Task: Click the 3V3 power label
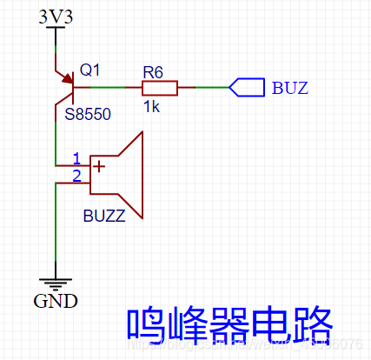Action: [x=55, y=17]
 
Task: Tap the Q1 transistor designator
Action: [x=90, y=69]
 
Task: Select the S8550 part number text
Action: [x=87, y=114]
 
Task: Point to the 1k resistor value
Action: [x=152, y=105]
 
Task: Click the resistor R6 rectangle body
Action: [x=160, y=88]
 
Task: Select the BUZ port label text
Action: [x=289, y=88]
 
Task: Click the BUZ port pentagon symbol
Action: [x=246, y=88]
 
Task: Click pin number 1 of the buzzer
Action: [x=76, y=158]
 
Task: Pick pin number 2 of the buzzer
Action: [x=76, y=176]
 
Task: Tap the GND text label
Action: [x=55, y=302]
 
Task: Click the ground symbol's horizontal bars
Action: [x=55, y=283]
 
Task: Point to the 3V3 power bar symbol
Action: [x=55, y=28]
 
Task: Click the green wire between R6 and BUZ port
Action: [x=203, y=88]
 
